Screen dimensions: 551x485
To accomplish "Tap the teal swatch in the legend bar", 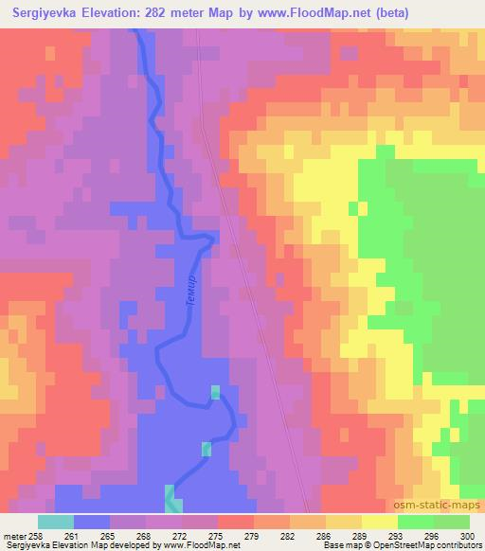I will pyautogui.click(x=56, y=522).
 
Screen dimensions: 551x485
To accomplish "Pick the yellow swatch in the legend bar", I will pyautogui.click(x=379, y=522).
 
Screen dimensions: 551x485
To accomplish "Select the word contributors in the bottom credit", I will pyautogui.click(x=459, y=545).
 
